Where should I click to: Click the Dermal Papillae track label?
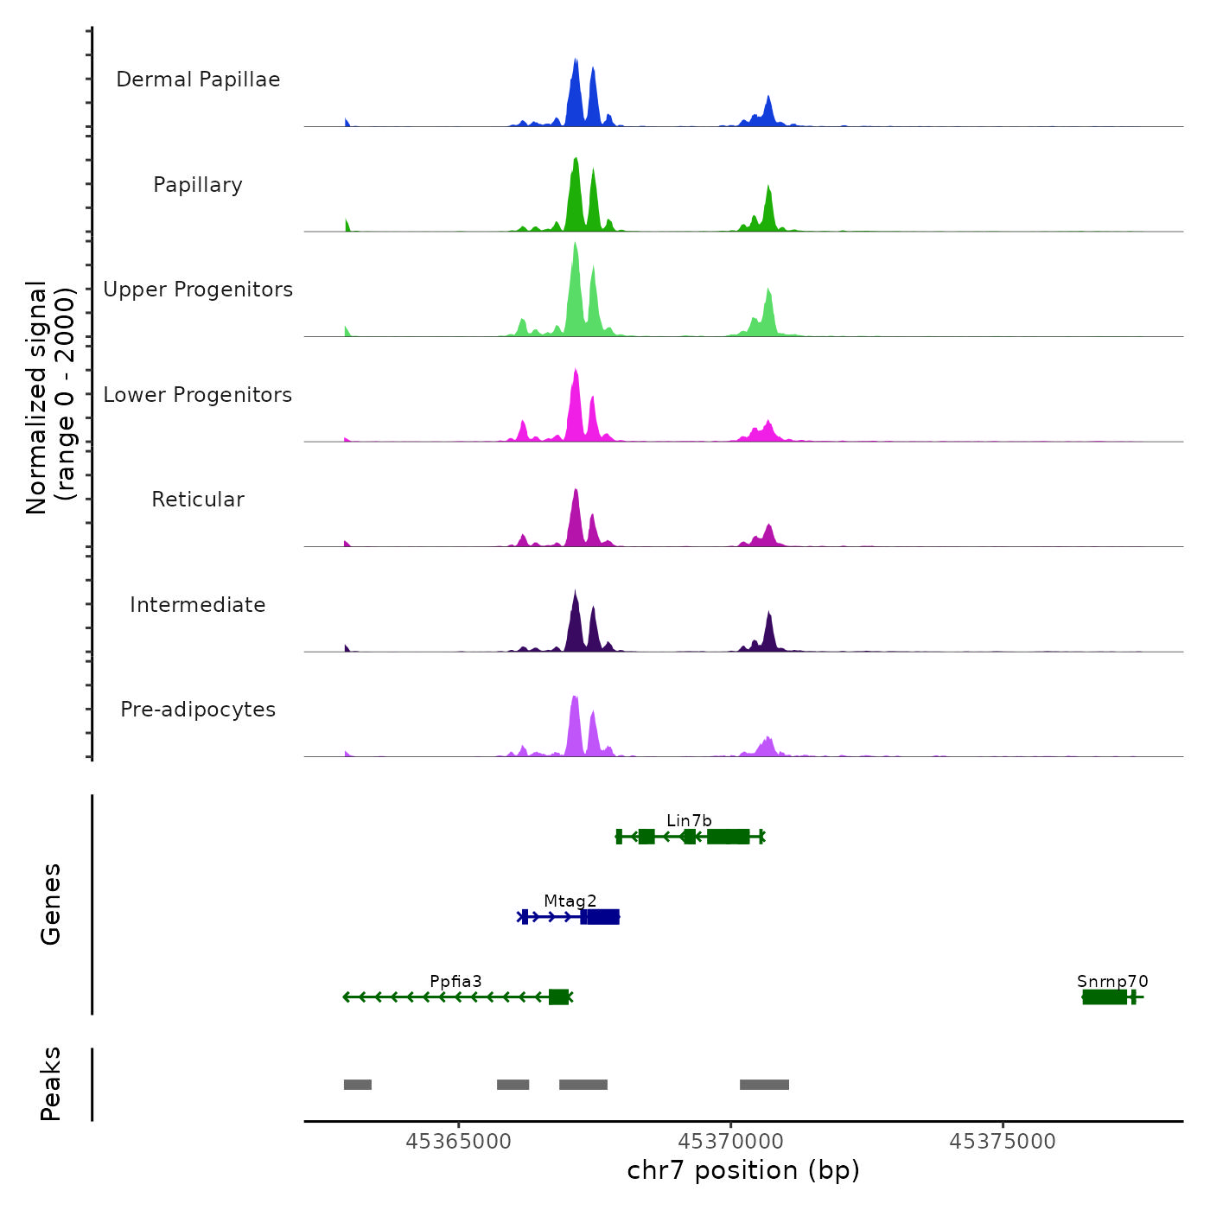point(198,80)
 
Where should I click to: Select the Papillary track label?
point(198,185)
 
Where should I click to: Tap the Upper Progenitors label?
point(198,290)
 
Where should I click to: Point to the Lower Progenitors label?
point(198,395)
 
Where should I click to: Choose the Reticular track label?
point(198,500)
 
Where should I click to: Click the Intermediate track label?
point(198,605)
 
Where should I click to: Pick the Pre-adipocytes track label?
point(198,710)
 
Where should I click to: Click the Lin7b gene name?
point(689,820)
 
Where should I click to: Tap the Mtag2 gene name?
point(570,901)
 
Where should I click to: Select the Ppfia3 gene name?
point(455,981)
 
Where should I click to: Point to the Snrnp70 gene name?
point(1112,981)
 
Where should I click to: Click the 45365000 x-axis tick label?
point(458,1142)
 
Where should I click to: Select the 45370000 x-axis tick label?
point(730,1142)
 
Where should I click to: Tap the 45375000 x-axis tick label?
point(1003,1142)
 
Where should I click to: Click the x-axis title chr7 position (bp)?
point(743,1170)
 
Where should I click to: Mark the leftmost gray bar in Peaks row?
point(358,1085)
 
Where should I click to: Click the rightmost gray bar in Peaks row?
point(764,1085)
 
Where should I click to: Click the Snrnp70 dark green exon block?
point(1105,997)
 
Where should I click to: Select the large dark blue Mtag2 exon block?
point(602,917)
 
